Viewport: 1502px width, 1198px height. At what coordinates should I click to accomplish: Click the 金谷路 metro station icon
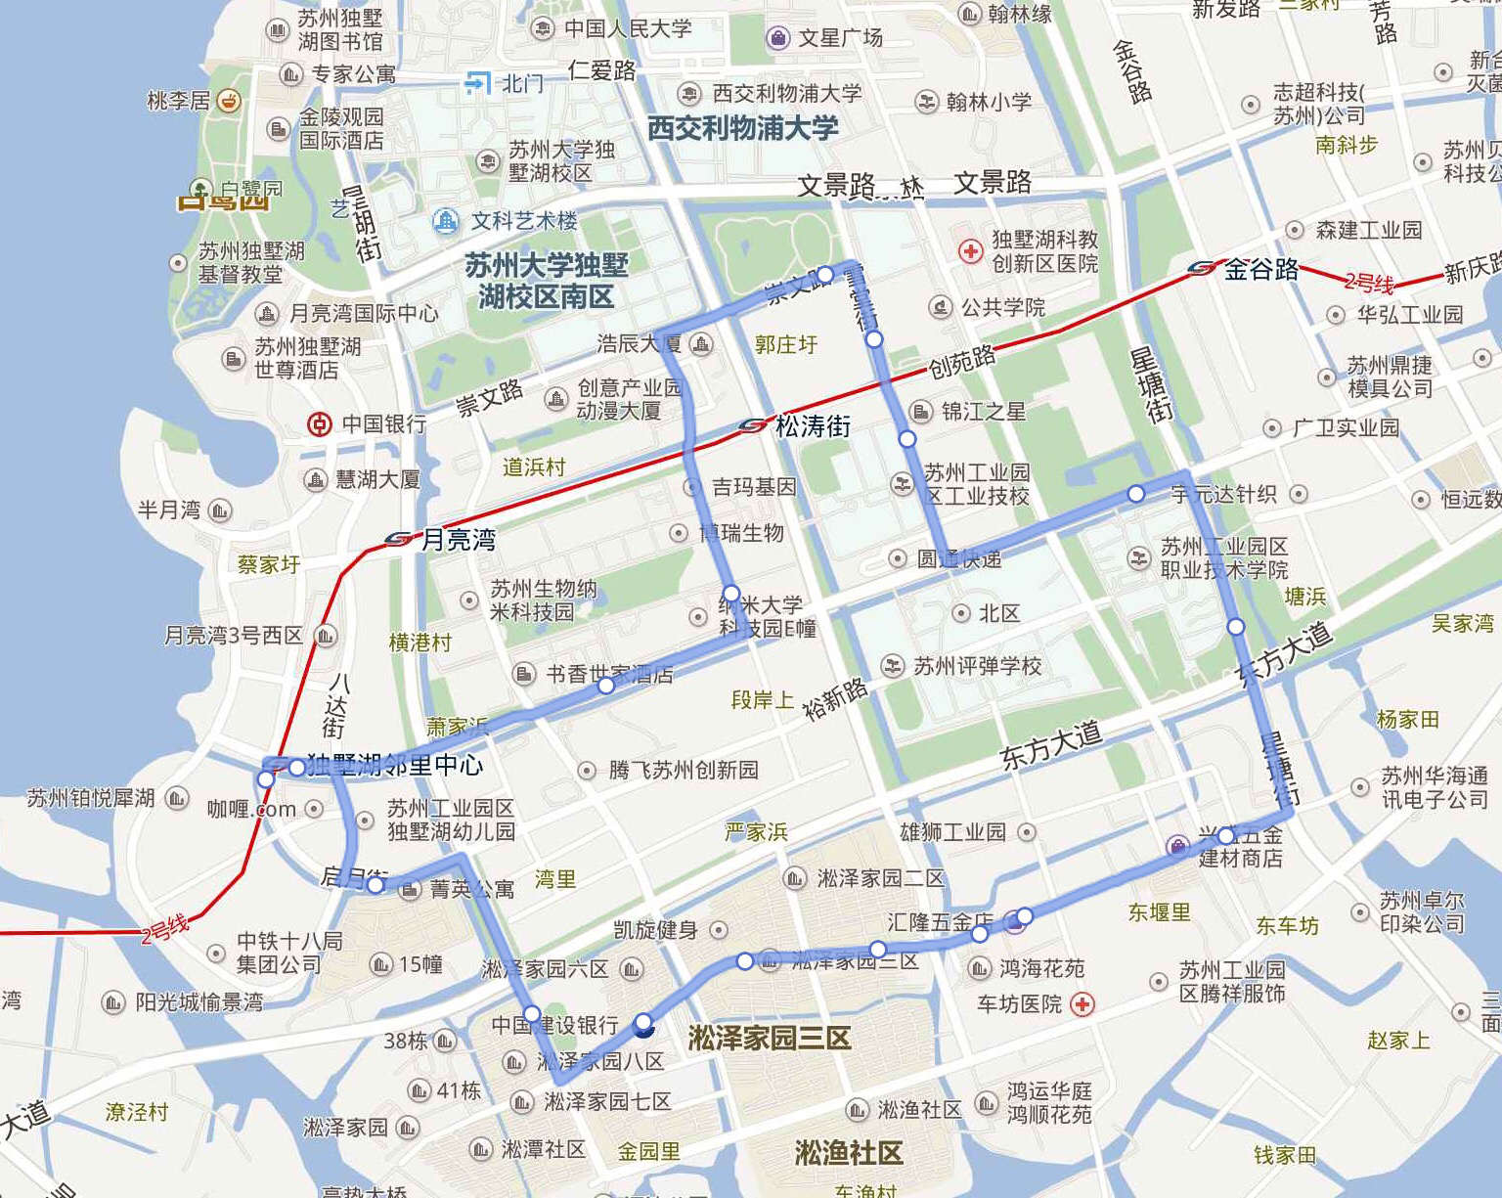click(1202, 268)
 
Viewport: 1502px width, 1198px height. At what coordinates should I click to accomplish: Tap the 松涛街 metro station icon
click(753, 425)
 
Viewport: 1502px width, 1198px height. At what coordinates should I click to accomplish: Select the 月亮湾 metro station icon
click(399, 539)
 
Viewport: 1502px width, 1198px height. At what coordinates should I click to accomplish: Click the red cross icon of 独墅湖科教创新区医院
click(970, 251)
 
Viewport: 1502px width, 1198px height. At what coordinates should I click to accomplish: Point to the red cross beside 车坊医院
click(1082, 1003)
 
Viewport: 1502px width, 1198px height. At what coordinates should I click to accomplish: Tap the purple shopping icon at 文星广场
click(777, 38)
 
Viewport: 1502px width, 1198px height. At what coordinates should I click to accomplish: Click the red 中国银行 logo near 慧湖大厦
click(319, 423)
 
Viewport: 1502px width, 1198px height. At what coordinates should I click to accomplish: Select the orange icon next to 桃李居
click(229, 101)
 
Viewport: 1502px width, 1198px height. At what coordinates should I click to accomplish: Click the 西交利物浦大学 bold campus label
click(742, 128)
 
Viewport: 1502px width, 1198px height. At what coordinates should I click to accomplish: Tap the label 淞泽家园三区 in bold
click(769, 1038)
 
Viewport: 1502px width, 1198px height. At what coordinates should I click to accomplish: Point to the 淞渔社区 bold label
click(848, 1153)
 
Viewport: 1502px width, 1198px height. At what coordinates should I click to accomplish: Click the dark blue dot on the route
click(643, 1025)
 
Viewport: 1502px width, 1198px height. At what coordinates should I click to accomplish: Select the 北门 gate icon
click(477, 83)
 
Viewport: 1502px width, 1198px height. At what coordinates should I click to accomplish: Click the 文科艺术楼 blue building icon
click(446, 221)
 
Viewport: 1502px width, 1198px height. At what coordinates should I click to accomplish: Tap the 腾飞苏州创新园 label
click(683, 770)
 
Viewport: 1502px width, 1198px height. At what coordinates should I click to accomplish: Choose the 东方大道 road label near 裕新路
click(1050, 744)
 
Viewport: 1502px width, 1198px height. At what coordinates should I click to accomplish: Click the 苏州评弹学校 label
click(977, 666)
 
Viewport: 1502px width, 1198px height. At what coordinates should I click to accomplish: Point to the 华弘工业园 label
click(1409, 314)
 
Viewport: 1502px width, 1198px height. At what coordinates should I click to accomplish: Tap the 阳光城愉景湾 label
click(199, 1001)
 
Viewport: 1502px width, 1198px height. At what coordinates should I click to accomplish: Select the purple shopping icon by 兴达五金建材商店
click(1179, 844)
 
